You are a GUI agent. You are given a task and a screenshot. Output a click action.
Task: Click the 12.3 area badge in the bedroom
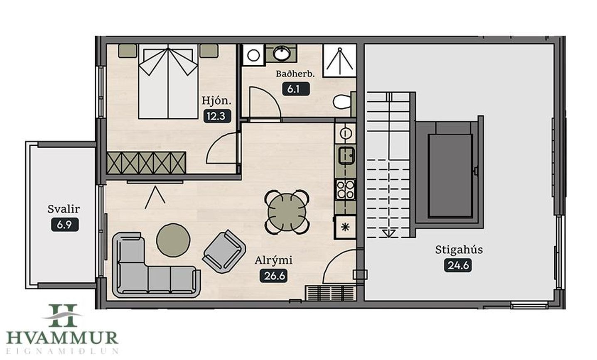pos(217,116)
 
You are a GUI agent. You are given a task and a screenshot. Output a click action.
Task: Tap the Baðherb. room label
pos(295,74)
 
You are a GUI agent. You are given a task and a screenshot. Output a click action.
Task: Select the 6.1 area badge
pos(296,89)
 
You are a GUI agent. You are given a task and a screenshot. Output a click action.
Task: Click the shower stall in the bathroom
pos(339,61)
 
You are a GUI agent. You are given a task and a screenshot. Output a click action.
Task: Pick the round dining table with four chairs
pos(287,212)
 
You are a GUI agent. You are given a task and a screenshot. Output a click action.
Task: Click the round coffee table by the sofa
pos(173,240)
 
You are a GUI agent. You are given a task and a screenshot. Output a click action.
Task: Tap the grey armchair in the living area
pos(224,252)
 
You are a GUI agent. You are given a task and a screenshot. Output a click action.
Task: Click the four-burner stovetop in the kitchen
pos(345,190)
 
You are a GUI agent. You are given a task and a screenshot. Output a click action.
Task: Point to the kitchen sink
pos(346,155)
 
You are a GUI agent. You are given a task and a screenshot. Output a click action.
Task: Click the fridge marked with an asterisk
pos(345,227)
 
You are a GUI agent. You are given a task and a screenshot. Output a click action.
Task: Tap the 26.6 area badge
pos(273,276)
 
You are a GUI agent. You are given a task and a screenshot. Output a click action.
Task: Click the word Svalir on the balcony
pos(64,209)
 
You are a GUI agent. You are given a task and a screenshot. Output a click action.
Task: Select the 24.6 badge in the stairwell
pos(458,265)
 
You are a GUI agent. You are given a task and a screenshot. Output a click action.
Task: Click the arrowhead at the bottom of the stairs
pos(389,234)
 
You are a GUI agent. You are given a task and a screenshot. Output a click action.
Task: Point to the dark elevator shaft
pos(450,176)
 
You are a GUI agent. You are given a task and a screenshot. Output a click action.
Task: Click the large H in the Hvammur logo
pos(63,316)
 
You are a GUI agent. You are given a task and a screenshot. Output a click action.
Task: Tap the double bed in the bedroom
pos(168,81)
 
